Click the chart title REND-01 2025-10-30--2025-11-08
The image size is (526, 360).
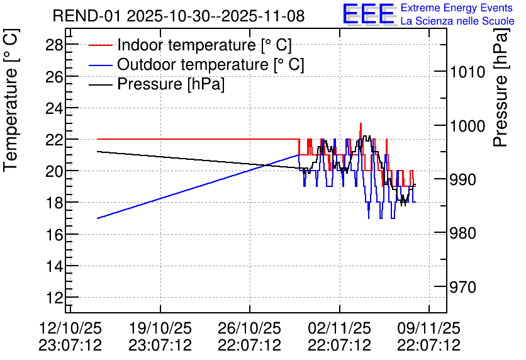[x=179, y=16]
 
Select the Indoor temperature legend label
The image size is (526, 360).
[x=204, y=45]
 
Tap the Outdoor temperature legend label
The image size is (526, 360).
[x=211, y=64]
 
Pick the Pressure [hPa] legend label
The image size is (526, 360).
[x=171, y=84]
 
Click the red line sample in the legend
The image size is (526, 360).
[x=100, y=45]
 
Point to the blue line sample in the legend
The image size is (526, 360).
[x=100, y=65]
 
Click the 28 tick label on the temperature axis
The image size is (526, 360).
[x=54, y=45]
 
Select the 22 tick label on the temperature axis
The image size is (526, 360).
[x=54, y=139]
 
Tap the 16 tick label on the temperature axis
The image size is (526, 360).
[x=54, y=235]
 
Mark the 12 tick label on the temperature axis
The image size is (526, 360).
[x=54, y=298]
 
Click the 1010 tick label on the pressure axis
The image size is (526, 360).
[x=467, y=72]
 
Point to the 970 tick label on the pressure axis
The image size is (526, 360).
[x=463, y=287]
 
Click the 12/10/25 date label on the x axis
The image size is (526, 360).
[x=70, y=328]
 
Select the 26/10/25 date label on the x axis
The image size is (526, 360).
[x=250, y=328]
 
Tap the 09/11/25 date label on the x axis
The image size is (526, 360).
[x=429, y=328]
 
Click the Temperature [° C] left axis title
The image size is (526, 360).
[x=11, y=101]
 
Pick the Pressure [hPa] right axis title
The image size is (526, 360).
[x=501, y=87]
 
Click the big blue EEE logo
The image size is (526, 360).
[x=369, y=13]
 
